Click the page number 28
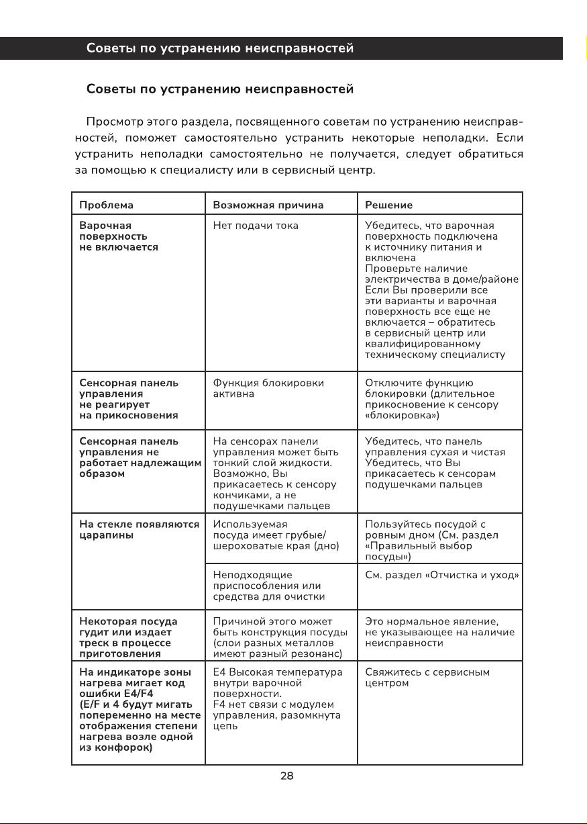click(286, 776)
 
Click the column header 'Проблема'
click(107, 205)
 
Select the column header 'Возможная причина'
click(268, 205)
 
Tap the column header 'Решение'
click(388, 205)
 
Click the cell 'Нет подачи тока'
click(256, 226)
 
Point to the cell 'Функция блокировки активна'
click(268, 388)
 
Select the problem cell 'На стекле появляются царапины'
click(139, 530)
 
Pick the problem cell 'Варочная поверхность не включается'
click(119, 236)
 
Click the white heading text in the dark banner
click(220, 49)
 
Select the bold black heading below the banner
click(220, 89)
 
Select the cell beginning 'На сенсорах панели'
click(275, 473)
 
